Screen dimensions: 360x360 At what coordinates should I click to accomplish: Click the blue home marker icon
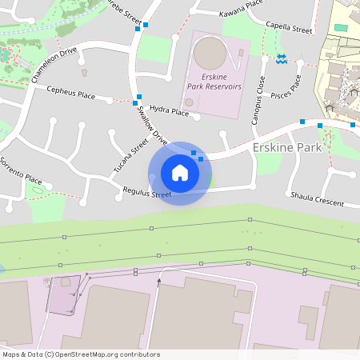180,173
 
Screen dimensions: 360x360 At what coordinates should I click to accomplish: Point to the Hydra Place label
169,110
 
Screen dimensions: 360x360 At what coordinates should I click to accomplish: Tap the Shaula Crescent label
317,198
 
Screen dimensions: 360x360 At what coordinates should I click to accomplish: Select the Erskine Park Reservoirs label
214,81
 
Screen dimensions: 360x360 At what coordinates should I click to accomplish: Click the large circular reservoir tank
210,53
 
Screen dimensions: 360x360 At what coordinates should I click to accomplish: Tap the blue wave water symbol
282,58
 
